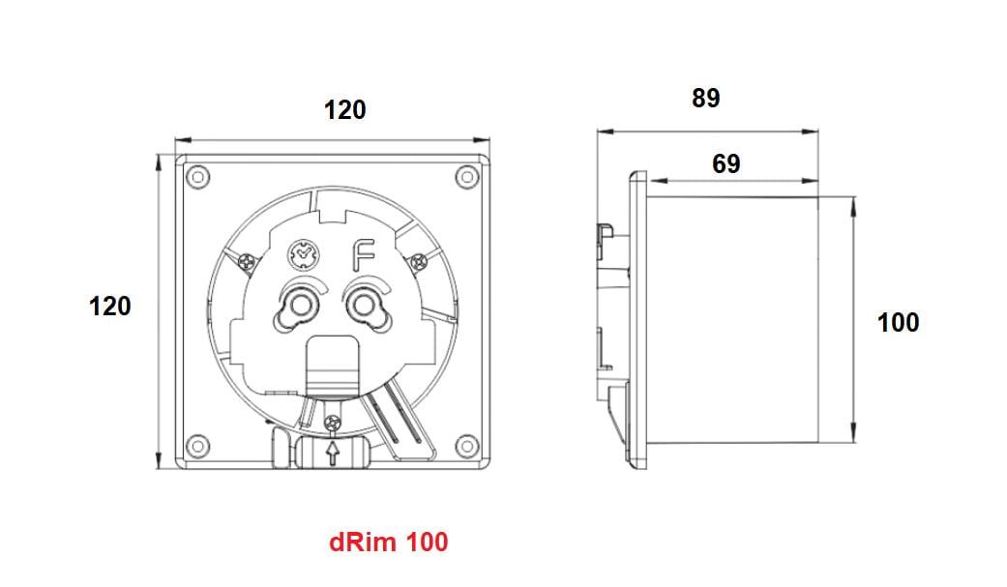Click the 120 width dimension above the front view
(x=344, y=110)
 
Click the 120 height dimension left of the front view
(x=109, y=306)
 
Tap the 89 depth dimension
(x=706, y=98)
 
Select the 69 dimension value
(x=726, y=163)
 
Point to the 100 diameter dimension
(x=898, y=322)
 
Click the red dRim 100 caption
(x=389, y=542)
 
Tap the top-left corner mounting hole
(x=197, y=177)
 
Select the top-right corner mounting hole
(x=467, y=177)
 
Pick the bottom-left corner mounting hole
(x=197, y=445)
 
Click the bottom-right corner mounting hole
(x=467, y=445)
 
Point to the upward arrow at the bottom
(x=334, y=454)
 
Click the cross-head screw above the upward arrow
(x=334, y=422)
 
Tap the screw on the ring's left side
(x=247, y=260)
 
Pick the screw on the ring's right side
(x=418, y=260)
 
